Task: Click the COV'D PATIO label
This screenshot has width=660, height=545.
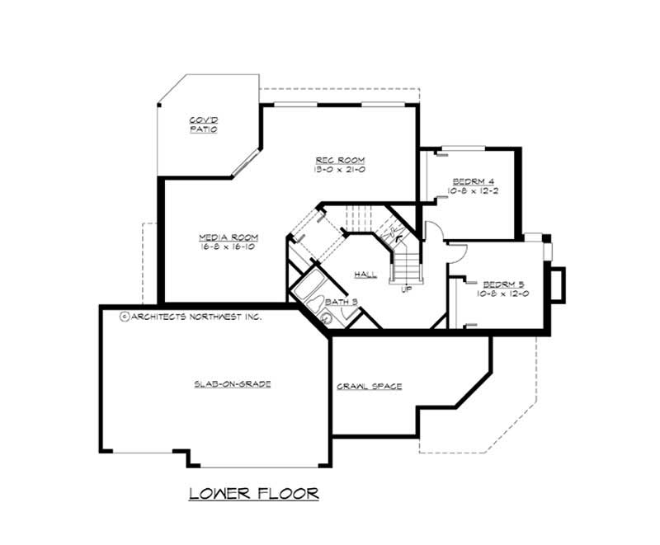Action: coord(203,125)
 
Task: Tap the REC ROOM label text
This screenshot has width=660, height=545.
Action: coord(340,159)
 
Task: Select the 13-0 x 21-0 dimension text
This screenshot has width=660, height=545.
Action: coord(340,169)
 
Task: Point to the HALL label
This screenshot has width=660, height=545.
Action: coord(365,274)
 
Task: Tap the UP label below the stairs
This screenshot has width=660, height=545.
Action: coord(406,289)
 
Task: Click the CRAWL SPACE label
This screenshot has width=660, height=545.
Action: coord(369,386)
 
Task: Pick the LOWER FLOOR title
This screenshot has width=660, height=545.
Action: coord(253,494)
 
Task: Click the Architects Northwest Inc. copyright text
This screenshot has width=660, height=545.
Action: coord(191,315)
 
